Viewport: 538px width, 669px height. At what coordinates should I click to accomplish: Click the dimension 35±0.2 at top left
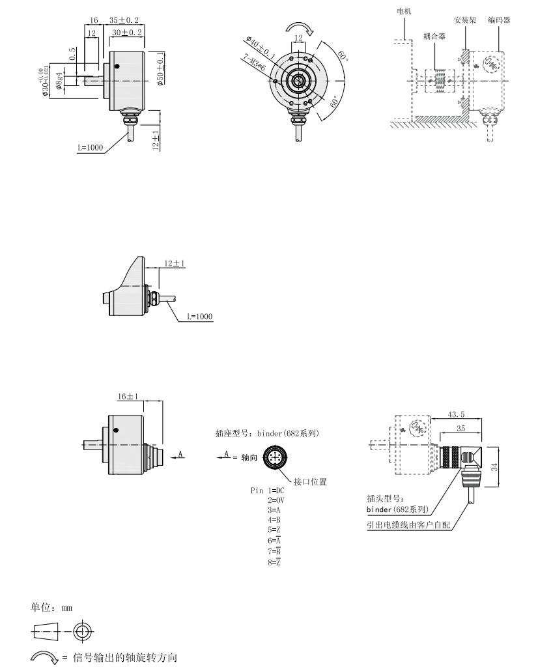pos(124,20)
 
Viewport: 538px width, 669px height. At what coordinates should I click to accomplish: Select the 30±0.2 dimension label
pos(127,33)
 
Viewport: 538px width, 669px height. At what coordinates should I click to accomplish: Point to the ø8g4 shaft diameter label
pos(59,81)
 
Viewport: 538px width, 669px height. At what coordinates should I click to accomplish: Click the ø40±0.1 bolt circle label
pos(261,48)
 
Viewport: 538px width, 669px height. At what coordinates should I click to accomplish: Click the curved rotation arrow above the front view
pos(300,28)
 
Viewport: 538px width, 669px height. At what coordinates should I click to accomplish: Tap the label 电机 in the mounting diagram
pos(404,12)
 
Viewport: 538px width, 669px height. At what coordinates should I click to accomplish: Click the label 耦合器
pos(434,36)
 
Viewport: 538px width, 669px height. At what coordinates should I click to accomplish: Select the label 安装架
pos(464,20)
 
